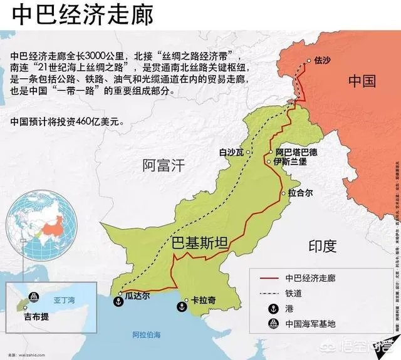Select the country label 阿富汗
tap(164, 165)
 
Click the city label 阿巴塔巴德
tap(296, 152)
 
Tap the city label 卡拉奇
tap(203, 301)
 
